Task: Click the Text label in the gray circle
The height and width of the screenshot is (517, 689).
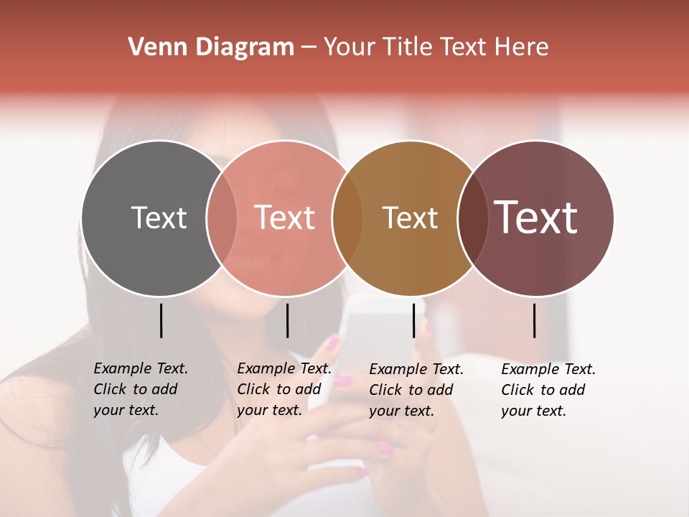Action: [x=159, y=218]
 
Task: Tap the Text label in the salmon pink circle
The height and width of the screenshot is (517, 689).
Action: [x=284, y=218]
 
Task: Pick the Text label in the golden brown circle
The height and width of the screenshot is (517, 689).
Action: [x=410, y=218]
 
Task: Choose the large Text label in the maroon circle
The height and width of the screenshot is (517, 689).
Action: [x=536, y=218]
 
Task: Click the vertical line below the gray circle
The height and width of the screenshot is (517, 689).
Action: [x=161, y=320]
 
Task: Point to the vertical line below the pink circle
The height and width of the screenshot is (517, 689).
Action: [x=287, y=320]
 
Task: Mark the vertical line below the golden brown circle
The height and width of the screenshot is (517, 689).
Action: [x=413, y=320]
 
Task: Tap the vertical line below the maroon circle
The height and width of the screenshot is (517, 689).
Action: [x=535, y=320]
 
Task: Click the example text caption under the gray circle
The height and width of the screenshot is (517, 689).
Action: [x=141, y=389]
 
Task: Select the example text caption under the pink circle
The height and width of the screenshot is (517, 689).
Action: [x=284, y=389]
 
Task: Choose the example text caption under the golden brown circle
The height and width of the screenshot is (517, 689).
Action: [x=416, y=390]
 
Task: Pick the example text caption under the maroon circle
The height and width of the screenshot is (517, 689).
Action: [x=548, y=390]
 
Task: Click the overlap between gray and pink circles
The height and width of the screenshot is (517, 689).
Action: [x=222, y=218]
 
